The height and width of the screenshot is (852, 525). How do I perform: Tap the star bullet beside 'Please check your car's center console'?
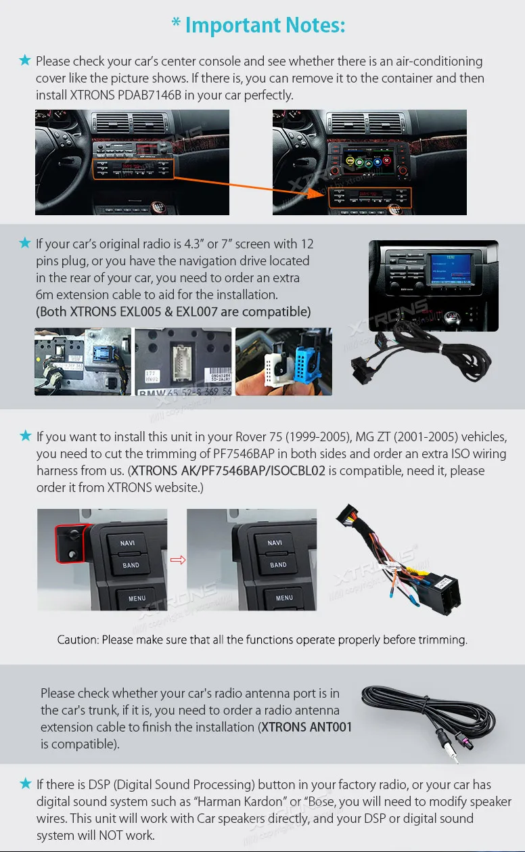[26, 61]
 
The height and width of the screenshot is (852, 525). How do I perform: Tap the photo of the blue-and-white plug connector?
[283, 361]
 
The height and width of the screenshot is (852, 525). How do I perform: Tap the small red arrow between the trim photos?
[177, 560]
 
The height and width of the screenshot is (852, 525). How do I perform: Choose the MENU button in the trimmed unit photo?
[284, 598]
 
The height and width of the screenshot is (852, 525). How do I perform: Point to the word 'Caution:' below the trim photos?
[78, 640]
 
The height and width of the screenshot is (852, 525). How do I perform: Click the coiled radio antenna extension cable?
[426, 717]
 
